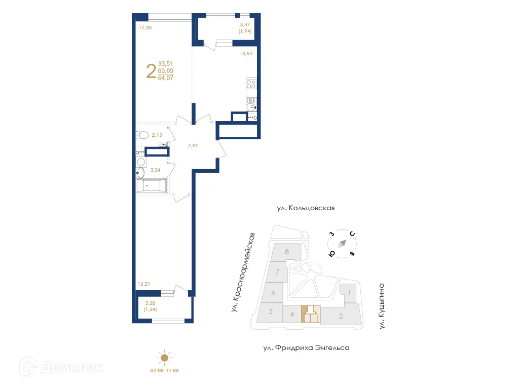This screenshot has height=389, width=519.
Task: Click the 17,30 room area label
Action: [145, 28]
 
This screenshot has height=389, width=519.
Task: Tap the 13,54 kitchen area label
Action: [246, 53]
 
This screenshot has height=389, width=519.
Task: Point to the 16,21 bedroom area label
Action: [144, 284]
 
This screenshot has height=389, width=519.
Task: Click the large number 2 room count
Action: [151, 71]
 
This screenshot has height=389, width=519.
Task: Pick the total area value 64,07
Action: [166, 78]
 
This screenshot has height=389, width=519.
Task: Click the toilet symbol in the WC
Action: [141, 135]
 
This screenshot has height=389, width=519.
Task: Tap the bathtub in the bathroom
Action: [150, 185]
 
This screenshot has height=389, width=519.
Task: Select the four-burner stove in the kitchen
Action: [252, 85]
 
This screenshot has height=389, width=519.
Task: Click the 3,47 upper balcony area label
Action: [245, 24]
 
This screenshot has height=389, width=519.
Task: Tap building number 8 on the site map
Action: [287, 252]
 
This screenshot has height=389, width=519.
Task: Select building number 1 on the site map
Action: [349, 292]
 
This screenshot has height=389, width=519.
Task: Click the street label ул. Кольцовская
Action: [306, 208]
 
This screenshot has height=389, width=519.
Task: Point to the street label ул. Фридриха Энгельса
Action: [306, 348]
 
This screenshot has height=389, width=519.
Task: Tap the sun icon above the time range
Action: [164, 358]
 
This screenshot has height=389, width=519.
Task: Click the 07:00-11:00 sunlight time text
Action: [164, 371]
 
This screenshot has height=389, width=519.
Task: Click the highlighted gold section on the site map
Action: [311, 315]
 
